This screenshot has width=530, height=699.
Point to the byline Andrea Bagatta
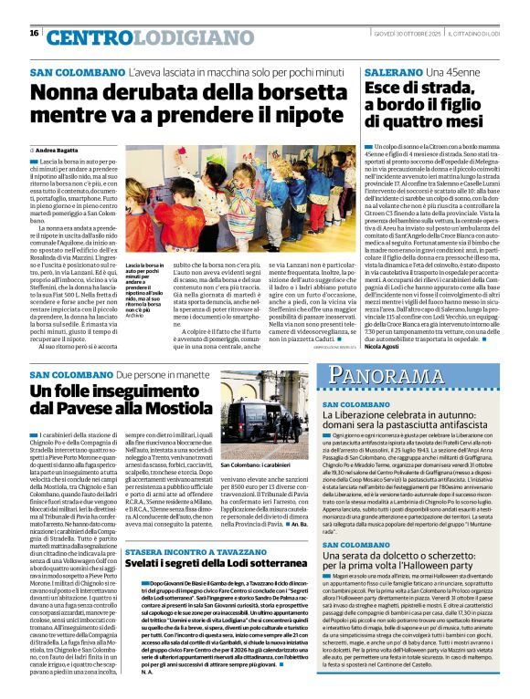coord(57,149)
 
